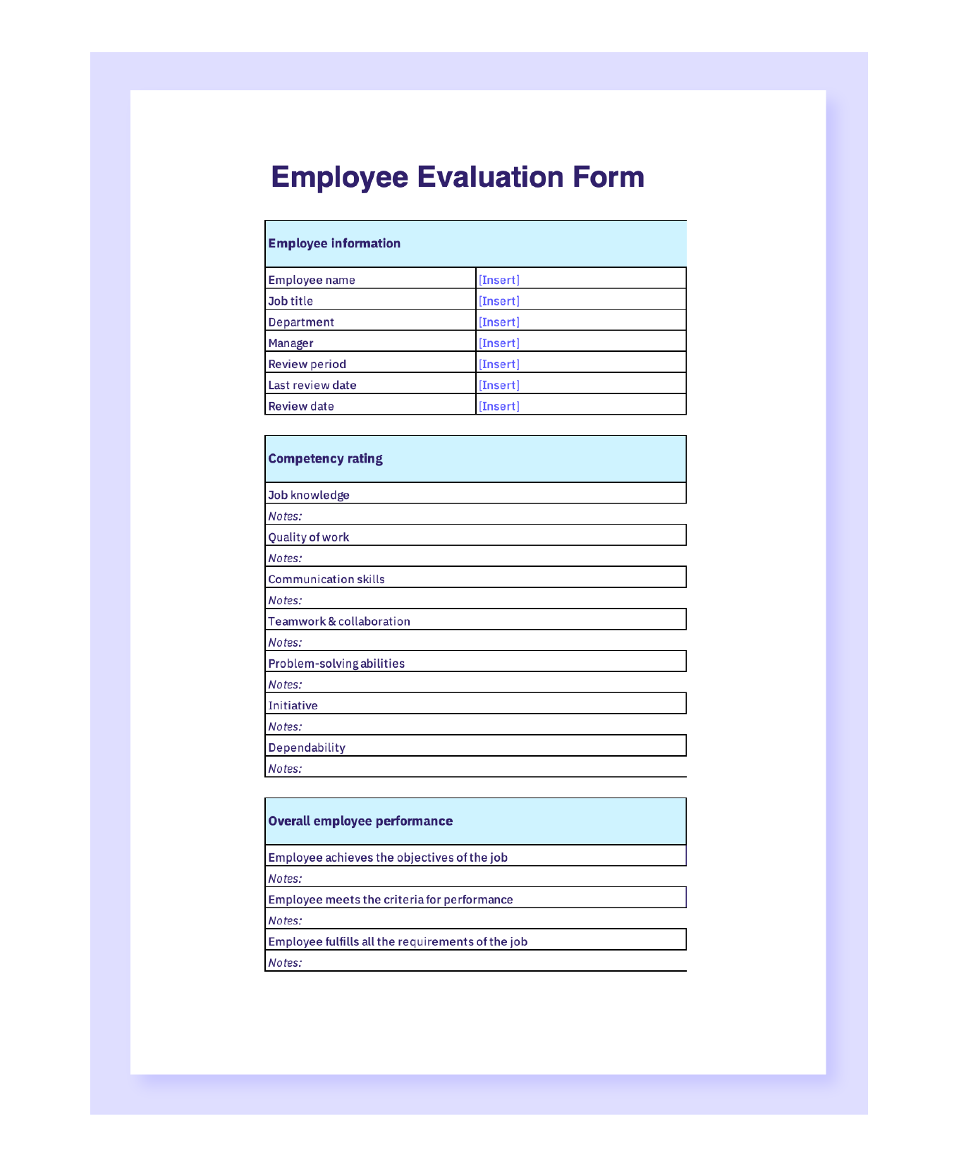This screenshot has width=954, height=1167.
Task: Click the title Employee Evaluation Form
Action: (457, 177)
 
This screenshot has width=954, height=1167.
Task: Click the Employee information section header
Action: (334, 243)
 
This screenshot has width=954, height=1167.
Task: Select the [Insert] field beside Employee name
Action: (499, 280)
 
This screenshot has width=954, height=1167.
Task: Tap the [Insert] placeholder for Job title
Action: (499, 301)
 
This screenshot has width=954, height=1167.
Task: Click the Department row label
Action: (301, 322)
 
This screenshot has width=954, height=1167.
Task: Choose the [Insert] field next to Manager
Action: (499, 343)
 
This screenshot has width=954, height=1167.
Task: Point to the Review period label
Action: (307, 365)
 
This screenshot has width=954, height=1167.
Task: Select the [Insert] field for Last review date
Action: (499, 385)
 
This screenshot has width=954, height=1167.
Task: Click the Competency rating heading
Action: (325, 458)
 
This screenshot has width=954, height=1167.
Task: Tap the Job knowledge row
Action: (309, 495)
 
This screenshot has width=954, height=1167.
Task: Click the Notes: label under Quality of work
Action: (285, 558)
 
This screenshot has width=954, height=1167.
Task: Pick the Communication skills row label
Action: (326, 580)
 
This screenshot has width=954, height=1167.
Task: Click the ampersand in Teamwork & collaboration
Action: (332, 622)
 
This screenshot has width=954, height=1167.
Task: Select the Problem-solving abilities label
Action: (336, 664)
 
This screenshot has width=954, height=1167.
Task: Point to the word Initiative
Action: (293, 706)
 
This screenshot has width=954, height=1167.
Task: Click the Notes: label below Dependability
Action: (285, 769)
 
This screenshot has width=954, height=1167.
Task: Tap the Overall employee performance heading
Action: (360, 821)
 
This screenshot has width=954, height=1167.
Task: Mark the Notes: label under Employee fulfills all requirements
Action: (285, 963)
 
